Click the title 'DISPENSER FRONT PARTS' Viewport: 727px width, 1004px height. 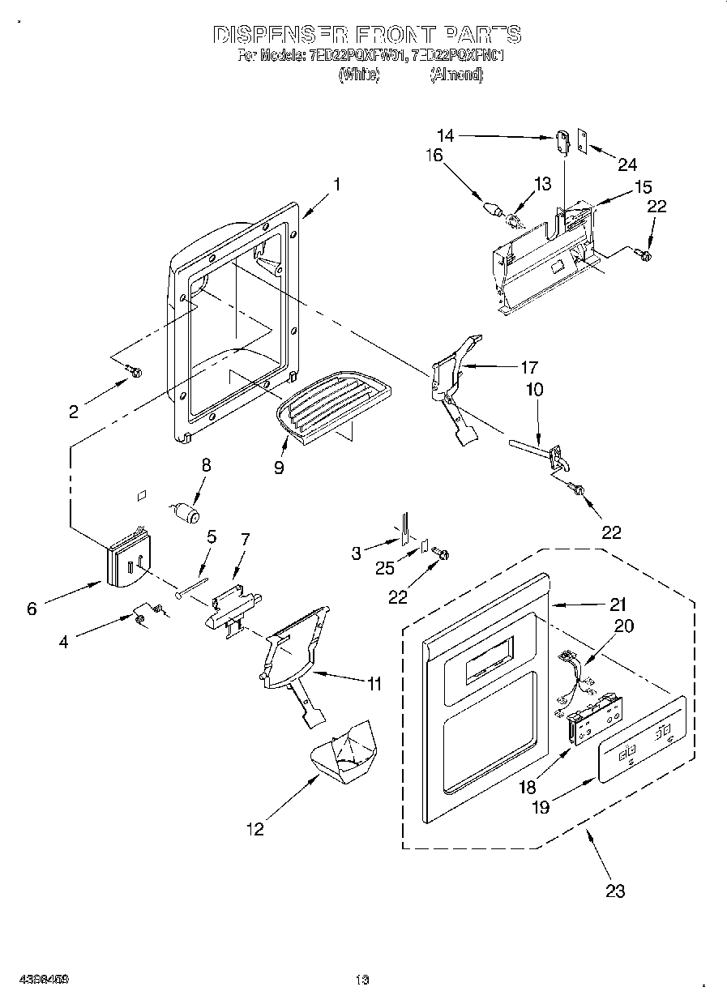point(366,35)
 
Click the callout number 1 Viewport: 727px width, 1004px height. point(336,184)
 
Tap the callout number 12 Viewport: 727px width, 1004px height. point(255,828)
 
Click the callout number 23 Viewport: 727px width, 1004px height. point(615,891)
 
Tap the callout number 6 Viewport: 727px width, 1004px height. point(32,609)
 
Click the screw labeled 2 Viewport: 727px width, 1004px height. point(134,372)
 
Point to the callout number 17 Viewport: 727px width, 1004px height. point(529,366)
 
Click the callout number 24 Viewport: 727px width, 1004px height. point(627,164)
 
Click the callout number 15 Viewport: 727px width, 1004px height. point(643,187)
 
